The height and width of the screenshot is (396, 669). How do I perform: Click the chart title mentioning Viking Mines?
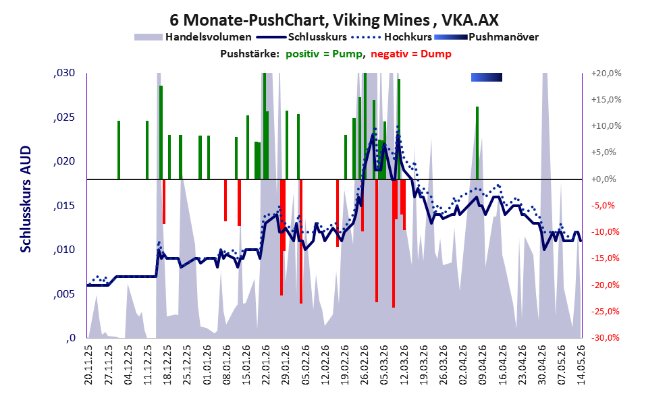(334, 20)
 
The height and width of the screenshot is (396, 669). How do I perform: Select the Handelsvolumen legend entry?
(193, 37)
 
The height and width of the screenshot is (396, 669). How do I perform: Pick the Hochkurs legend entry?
(392, 37)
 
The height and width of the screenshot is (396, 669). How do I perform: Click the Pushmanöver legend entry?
(486, 37)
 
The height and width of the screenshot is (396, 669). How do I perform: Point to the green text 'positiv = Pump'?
(324, 54)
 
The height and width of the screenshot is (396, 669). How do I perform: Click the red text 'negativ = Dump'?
(411, 54)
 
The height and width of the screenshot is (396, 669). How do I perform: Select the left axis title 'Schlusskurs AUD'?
(26, 199)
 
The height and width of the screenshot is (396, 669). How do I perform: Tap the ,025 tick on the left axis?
(64, 117)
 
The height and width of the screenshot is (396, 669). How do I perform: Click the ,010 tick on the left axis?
(64, 250)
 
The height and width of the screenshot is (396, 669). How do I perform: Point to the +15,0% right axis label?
(606, 100)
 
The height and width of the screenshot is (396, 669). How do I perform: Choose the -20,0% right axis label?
(605, 285)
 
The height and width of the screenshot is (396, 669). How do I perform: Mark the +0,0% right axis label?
(604, 179)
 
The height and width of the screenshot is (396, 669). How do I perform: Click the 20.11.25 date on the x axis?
(88, 365)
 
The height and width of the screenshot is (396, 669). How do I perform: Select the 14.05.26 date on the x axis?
(581, 365)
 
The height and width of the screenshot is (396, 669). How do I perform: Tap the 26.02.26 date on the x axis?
(364, 365)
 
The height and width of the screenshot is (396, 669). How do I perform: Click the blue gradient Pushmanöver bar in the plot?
(486, 77)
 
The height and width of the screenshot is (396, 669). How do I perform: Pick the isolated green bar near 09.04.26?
(477, 143)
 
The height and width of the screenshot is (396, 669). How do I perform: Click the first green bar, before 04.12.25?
(119, 150)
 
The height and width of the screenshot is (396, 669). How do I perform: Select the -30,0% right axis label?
(605, 338)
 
